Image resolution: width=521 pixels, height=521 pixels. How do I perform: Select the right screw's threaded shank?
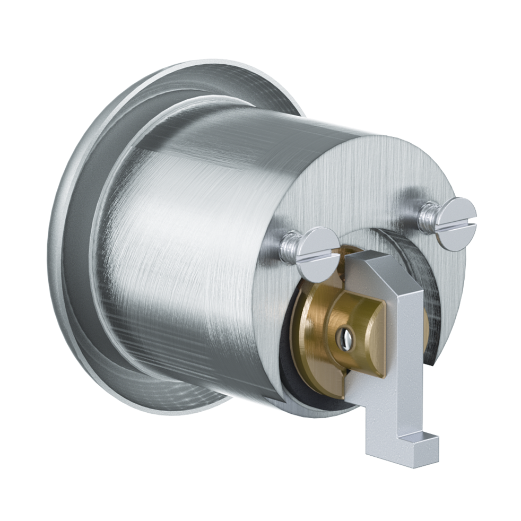coord(427,215)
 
